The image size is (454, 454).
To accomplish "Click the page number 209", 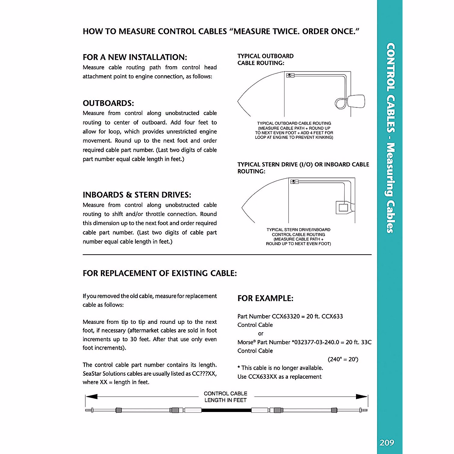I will point(387,442).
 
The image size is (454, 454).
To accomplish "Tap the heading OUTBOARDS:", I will point(108,103).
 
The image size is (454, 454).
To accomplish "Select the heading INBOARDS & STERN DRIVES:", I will point(137,195).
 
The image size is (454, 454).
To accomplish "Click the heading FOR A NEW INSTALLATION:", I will point(135,57).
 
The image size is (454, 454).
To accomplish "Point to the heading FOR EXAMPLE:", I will point(265,298).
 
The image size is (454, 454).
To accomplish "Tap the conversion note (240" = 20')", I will point(343,359).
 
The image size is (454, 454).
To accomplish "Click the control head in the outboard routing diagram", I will point(291,75).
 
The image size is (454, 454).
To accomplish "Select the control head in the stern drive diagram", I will point(294,182).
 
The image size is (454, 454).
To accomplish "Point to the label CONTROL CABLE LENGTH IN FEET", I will point(225,397).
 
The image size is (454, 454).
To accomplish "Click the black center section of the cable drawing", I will point(226,410).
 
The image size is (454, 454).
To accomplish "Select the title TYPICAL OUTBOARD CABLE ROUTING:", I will point(265,59).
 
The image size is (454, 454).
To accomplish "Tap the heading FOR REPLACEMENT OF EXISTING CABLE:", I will point(160,273).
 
